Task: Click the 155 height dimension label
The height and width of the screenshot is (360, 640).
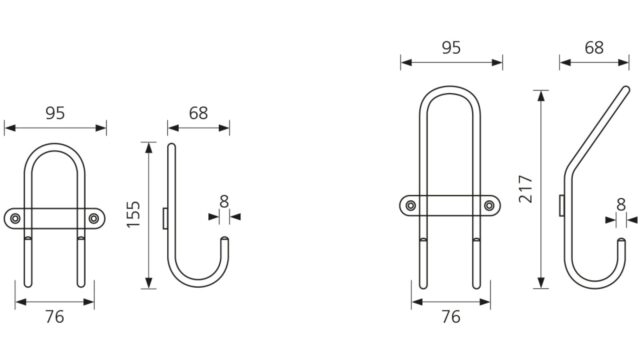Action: tap(133, 214)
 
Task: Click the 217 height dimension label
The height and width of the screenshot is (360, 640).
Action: tap(526, 189)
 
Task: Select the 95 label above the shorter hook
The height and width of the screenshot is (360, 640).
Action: tap(55, 113)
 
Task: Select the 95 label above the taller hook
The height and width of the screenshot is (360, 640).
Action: tap(451, 48)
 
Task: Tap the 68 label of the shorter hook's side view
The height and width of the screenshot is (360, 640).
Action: tap(198, 113)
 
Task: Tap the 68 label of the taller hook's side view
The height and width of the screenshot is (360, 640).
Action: tap(594, 48)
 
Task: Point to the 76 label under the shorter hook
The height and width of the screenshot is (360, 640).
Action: tap(55, 317)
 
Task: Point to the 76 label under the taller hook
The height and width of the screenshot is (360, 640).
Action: tap(451, 317)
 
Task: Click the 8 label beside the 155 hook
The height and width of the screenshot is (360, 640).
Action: tap(224, 202)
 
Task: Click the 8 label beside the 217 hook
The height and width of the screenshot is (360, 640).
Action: tap(621, 204)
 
